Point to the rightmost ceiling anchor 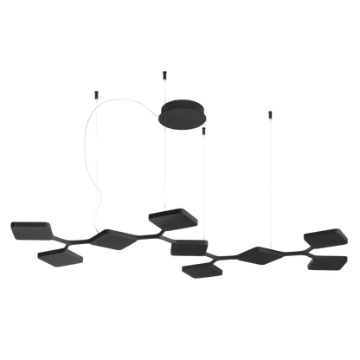click(x=270, y=112)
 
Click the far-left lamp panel click(x=30, y=231)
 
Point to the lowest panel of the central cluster click(x=203, y=269)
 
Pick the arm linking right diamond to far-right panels click(x=290, y=252)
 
